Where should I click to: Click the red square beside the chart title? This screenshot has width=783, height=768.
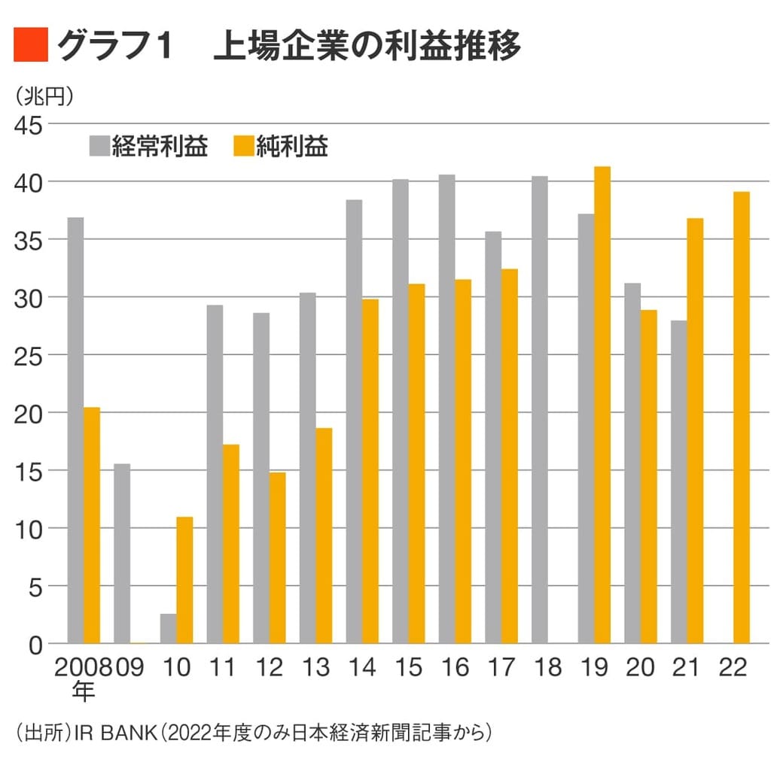[31, 46]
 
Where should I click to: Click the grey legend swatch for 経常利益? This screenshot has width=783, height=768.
[99, 146]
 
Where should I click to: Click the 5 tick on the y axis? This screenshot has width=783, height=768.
[35, 586]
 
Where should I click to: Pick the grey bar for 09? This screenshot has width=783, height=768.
[122, 554]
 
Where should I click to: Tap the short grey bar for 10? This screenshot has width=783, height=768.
[168, 629]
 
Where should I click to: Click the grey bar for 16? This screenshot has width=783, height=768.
[446, 409]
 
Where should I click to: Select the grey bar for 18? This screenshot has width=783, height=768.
[540, 410]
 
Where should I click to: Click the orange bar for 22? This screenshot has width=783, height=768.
[742, 417]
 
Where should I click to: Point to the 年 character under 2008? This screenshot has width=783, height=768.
[84, 691]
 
